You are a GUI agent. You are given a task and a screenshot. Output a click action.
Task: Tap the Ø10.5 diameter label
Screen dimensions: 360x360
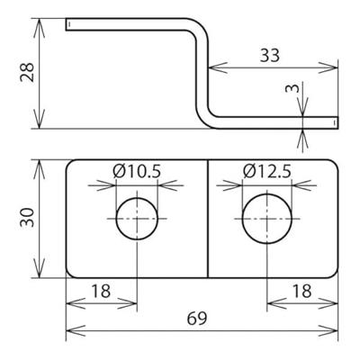pos(136,171)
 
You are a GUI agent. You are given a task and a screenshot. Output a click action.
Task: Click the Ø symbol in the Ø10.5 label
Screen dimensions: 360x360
pos(120,171)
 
